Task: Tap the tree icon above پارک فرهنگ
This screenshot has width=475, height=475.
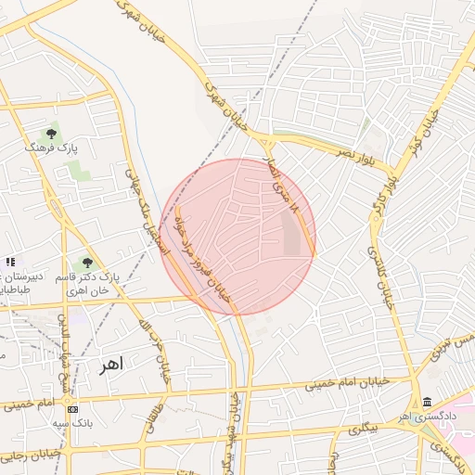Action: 53,133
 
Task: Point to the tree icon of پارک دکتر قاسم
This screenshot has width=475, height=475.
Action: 87,263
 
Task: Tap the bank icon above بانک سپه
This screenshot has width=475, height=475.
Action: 72,409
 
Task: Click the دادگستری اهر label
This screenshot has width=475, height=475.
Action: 429,417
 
